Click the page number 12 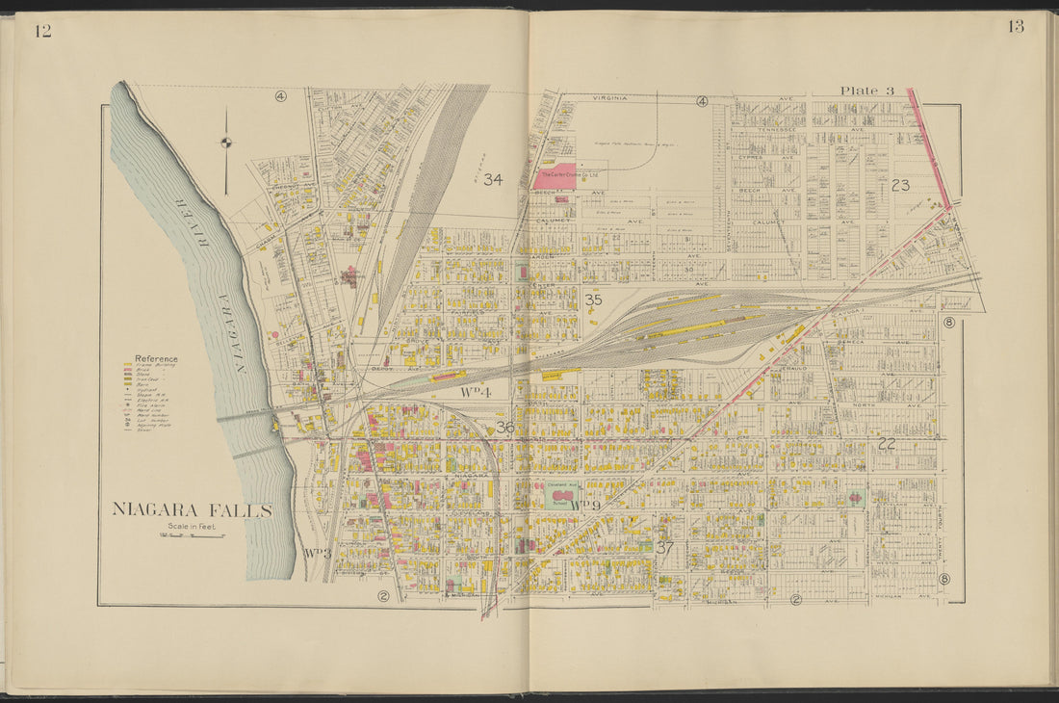coord(42,31)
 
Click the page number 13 coord(1016,27)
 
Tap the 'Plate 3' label coord(866,91)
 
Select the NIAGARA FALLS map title coord(192,509)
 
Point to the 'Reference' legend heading coord(156,358)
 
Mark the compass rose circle coord(226,143)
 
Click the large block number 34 coord(493,179)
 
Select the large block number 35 coord(594,300)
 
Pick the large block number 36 coord(504,427)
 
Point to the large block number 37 coord(665,546)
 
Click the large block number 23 coord(901,185)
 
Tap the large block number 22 coord(888,443)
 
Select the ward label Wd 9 coord(584,505)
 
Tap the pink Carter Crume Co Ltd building coord(555,175)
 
